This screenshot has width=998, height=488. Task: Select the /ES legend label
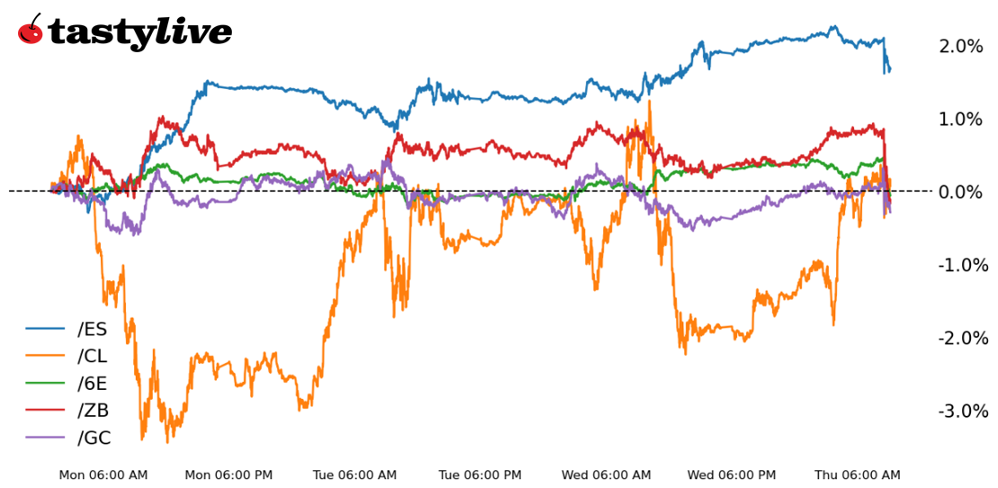click(93, 330)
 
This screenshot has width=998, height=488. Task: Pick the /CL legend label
click(93, 357)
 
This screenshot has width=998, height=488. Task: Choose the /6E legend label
click(93, 384)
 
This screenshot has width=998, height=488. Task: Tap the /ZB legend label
click(94, 411)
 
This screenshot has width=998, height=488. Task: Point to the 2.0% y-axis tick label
click(960, 47)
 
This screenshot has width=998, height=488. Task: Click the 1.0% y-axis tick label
click(960, 120)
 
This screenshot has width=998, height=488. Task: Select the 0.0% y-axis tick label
click(960, 192)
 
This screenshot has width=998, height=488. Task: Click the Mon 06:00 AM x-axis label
click(103, 474)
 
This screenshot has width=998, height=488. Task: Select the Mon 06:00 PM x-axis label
click(228, 474)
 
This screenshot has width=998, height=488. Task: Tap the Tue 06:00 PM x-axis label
click(480, 474)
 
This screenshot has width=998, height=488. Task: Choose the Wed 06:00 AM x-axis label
click(606, 474)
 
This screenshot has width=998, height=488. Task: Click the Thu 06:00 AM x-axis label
click(857, 474)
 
